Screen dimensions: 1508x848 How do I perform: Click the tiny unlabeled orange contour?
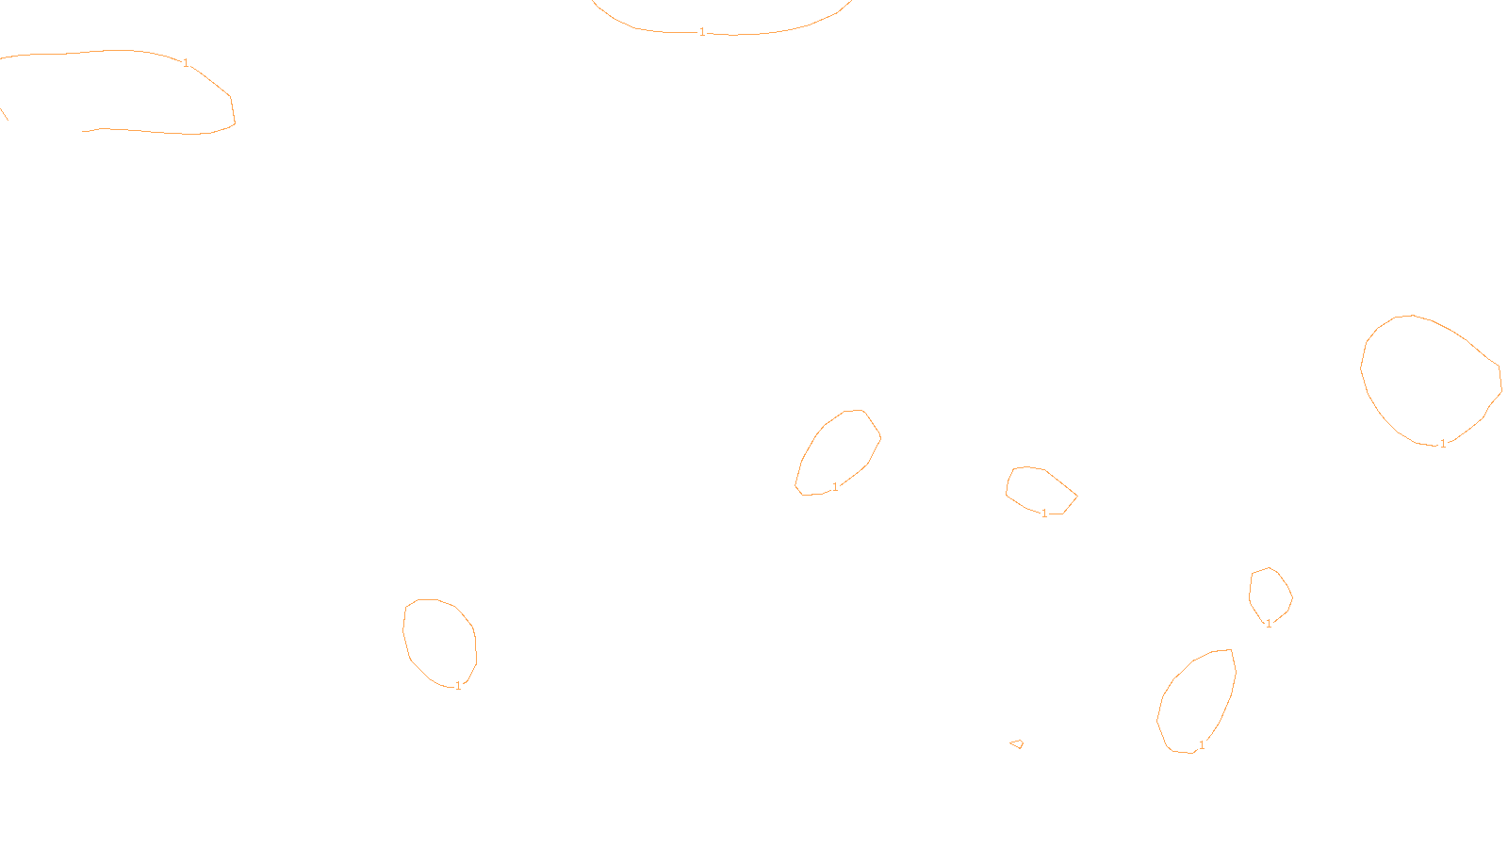click(x=1017, y=744)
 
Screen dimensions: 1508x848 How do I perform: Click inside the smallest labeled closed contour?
click(x=1270, y=594)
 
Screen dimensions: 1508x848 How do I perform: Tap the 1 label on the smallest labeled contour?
click(x=1269, y=623)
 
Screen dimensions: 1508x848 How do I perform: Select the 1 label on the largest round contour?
click(x=1443, y=444)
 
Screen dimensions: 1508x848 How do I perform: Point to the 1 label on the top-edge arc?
click(x=702, y=32)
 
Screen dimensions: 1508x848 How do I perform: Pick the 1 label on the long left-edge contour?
click(x=186, y=63)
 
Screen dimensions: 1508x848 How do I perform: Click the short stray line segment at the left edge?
click(x=4, y=114)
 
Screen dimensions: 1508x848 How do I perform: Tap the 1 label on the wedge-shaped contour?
click(x=1044, y=514)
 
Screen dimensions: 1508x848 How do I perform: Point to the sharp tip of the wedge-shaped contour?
click(x=1076, y=496)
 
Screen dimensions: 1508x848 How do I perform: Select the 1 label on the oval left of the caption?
click(x=458, y=686)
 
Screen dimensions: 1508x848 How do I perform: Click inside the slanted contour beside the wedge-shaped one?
click(x=839, y=452)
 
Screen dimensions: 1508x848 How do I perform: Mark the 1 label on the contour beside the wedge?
click(x=835, y=487)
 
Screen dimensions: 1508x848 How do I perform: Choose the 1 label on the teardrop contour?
click(x=1202, y=745)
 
